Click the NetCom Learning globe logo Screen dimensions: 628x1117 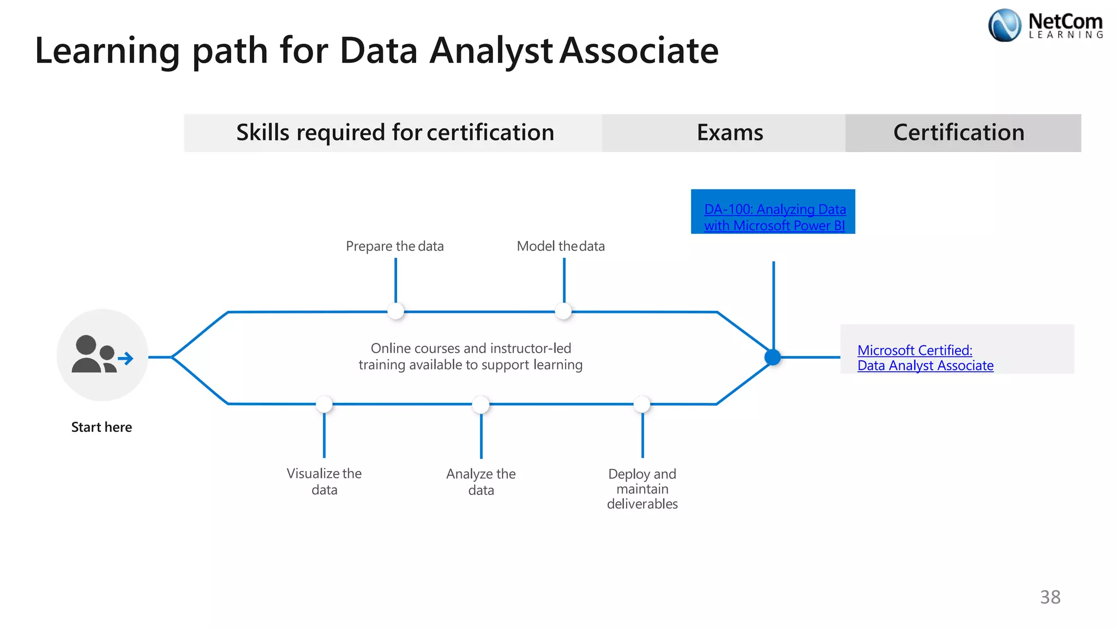tap(1004, 26)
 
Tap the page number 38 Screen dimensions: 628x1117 tap(1050, 597)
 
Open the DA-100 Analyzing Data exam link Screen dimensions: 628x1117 tap(774, 217)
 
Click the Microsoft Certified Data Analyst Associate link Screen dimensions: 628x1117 tap(925, 358)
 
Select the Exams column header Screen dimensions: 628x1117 tap(730, 132)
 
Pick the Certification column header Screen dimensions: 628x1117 tap(959, 132)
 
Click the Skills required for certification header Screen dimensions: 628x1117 tap(395, 132)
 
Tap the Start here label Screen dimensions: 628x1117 tap(101, 427)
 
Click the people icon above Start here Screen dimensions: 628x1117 tap(101, 355)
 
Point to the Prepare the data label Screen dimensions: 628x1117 tap(395, 246)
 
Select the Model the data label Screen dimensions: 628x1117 tap(561, 246)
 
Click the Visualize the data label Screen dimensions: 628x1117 tap(325, 481)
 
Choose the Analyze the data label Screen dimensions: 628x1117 tap(481, 482)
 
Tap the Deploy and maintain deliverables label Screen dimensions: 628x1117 tap(642, 489)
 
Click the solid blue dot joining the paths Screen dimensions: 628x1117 tap(773, 358)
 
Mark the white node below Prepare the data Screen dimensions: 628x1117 tap(395, 311)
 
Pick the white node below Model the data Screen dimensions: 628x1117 tap(563, 311)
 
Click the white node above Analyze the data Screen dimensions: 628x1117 tap(481, 404)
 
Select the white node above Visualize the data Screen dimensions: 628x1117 tap(324, 404)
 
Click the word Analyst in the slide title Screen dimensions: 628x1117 tap(491, 51)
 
